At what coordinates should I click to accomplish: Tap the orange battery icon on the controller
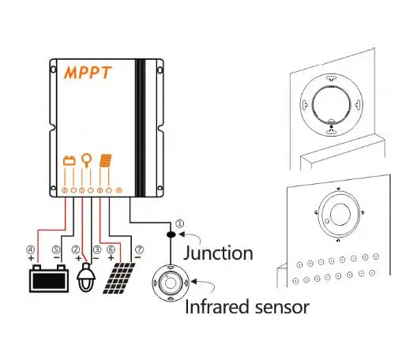(x=69, y=162)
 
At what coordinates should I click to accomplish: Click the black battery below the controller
(x=45, y=279)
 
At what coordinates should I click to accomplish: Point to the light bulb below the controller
(x=86, y=278)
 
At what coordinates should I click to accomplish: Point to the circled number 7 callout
(x=137, y=249)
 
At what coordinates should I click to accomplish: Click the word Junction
(x=218, y=253)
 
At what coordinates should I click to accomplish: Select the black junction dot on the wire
(x=170, y=235)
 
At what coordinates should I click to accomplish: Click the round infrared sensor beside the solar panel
(x=170, y=282)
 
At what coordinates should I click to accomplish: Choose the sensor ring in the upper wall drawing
(x=330, y=104)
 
